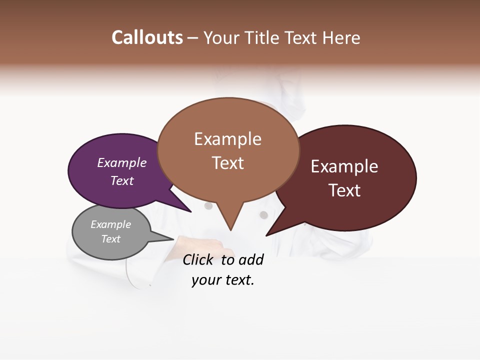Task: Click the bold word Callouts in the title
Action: tap(147, 37)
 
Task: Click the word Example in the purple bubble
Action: tap(122, 162)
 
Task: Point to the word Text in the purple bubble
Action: tap(122, 180)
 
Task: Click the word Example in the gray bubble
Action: tap(111, 224)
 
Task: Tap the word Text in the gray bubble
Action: tap(111, 238)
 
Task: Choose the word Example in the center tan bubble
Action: tap(227, 139)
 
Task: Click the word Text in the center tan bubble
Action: tap(228, 162)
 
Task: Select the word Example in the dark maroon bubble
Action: tap(344, 166)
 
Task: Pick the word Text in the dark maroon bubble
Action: tap(344, 190)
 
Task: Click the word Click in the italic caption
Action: tap(199, 259)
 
